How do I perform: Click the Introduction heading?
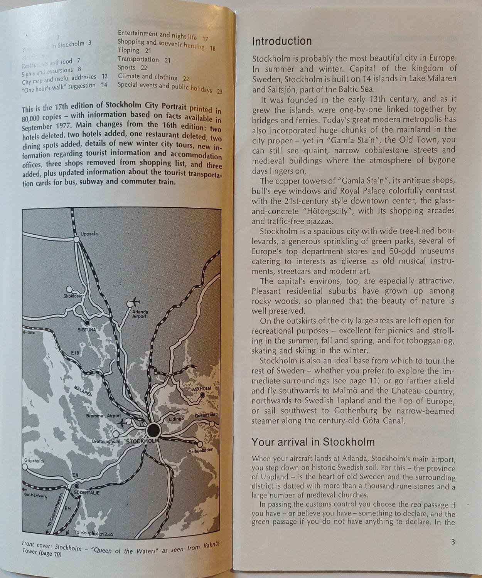coord(282,41)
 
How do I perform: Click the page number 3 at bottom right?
coord(453,542)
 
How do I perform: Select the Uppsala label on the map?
coord(89,234)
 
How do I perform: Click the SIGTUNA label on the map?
coord(87,330)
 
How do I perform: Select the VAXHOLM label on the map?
coord(201,389)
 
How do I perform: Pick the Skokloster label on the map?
coord(73,296)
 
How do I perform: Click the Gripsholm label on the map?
coord(34,461)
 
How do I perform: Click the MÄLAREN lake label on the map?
coord(83,391)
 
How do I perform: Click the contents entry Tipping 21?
coord(134,50)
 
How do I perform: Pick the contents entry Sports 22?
coord(132,67)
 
